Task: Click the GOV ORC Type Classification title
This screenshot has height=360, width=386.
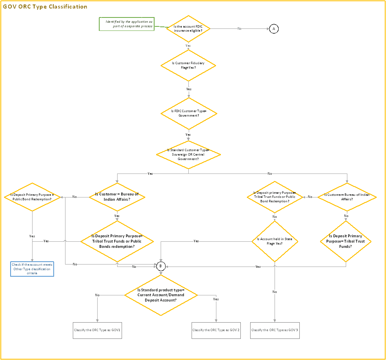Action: pyautogui.click(x=45, y=7)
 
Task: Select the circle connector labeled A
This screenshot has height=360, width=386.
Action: pyautogui.click(x=274, y=29)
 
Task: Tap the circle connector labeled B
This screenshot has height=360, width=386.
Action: pyautogui.click(x=161, y=266)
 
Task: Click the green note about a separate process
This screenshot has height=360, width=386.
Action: pyautogui.click(x=127, y=24)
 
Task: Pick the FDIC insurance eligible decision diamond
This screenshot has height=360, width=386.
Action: pyautogui.click(x=188, y=29)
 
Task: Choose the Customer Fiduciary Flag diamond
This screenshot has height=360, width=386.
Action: pyautogui.click(x=188, y=65)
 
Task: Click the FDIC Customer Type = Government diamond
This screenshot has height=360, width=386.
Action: pyautogui.click(x=188, y=113)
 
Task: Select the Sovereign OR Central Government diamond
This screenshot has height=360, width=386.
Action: pyautogui.click(x=188, y=154)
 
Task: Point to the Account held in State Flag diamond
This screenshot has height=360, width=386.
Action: pyautogui.click(x=275, y=241)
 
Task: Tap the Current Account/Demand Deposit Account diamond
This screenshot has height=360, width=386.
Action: pyautogui.click(x=161, y=295)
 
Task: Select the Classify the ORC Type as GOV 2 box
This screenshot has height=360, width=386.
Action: pyautogui.click(x=216, y=330)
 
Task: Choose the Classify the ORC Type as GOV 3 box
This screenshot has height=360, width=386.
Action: pyautogui.click(x=275, y=330)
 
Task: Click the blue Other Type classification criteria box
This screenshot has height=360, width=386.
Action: pyautogui.click(x=32, y=269)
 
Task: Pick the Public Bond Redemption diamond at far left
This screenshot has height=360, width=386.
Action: pyautogui.click(x=32, y=197)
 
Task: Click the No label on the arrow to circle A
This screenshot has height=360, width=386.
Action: pyautogui.click(x=239, y=28)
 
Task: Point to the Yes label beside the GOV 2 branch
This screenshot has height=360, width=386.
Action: pyautogui.click(x=216, y=299)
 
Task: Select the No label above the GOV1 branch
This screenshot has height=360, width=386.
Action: pyautogui.click(x=97, y=295)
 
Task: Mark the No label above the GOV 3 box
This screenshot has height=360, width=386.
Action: pyautogui.click(x=275, y=292)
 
